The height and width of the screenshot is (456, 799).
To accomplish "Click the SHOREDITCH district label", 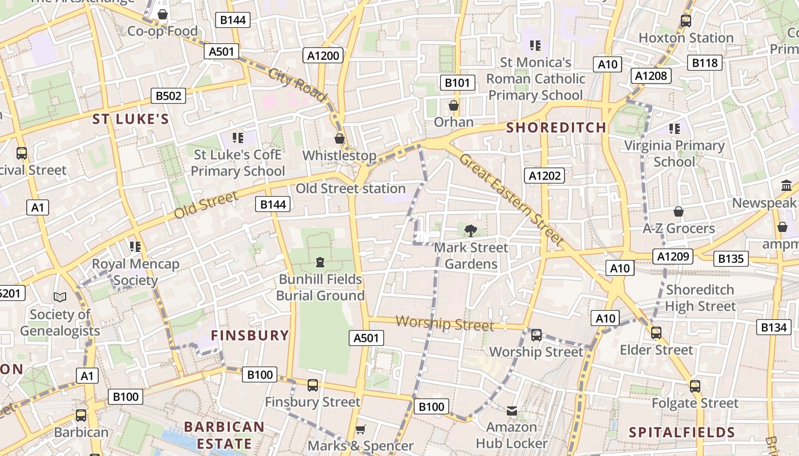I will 556,128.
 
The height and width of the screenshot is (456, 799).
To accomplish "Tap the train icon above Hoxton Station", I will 686,21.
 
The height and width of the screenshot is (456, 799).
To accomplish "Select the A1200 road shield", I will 324,55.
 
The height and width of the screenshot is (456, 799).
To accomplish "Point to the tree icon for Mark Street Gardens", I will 470,230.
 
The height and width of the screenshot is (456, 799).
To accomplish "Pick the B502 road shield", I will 168,96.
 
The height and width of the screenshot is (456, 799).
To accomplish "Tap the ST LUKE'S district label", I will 131,119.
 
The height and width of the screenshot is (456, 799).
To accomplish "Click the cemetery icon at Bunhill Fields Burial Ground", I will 320,262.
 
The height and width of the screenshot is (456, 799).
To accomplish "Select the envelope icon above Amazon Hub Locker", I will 512,410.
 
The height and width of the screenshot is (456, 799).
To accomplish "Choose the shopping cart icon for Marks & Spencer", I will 360,429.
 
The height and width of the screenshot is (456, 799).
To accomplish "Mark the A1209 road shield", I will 673,256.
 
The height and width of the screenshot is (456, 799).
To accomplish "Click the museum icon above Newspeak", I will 786,186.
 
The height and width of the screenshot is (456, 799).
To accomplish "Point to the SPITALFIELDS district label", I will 681,432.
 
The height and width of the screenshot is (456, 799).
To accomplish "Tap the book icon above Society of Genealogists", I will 60,297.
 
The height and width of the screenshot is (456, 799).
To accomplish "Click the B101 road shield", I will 457,83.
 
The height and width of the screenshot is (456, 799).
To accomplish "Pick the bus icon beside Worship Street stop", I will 536,335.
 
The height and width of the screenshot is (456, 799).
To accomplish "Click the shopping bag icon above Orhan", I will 454,105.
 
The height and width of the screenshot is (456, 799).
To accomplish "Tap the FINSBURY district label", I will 250,335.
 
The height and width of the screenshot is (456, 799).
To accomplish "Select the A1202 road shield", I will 544,176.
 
